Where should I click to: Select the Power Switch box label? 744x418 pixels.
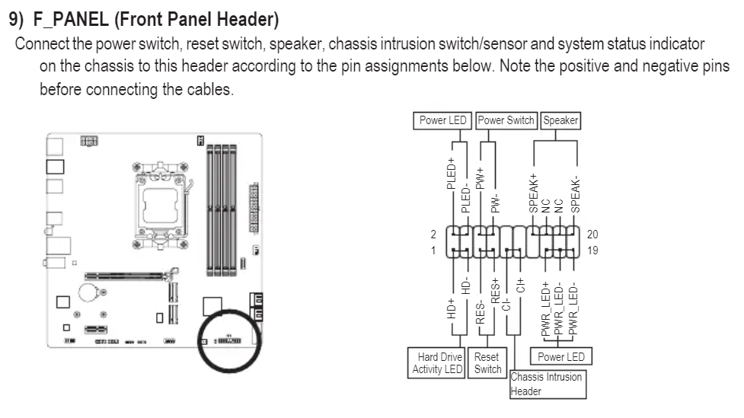click(x=506, y=120)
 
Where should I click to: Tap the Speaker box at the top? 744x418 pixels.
click(x=560, y=120)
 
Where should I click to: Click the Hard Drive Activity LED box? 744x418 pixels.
click(x=438, y=362)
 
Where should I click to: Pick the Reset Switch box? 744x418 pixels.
click(x=487, y=362)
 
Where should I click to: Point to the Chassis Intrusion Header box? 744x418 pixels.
click(x=548, y=384)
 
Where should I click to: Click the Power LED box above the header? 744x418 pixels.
click(x=443, y=120)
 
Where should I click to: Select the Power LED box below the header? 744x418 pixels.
click(x=561, y=356)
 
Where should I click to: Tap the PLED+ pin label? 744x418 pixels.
click(x=452, y=171)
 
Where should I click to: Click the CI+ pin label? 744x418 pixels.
click(x=521, y=286)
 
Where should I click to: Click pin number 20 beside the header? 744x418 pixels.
click(x=593, y=235)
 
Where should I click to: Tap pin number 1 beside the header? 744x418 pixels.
click(x=434, y=249)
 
